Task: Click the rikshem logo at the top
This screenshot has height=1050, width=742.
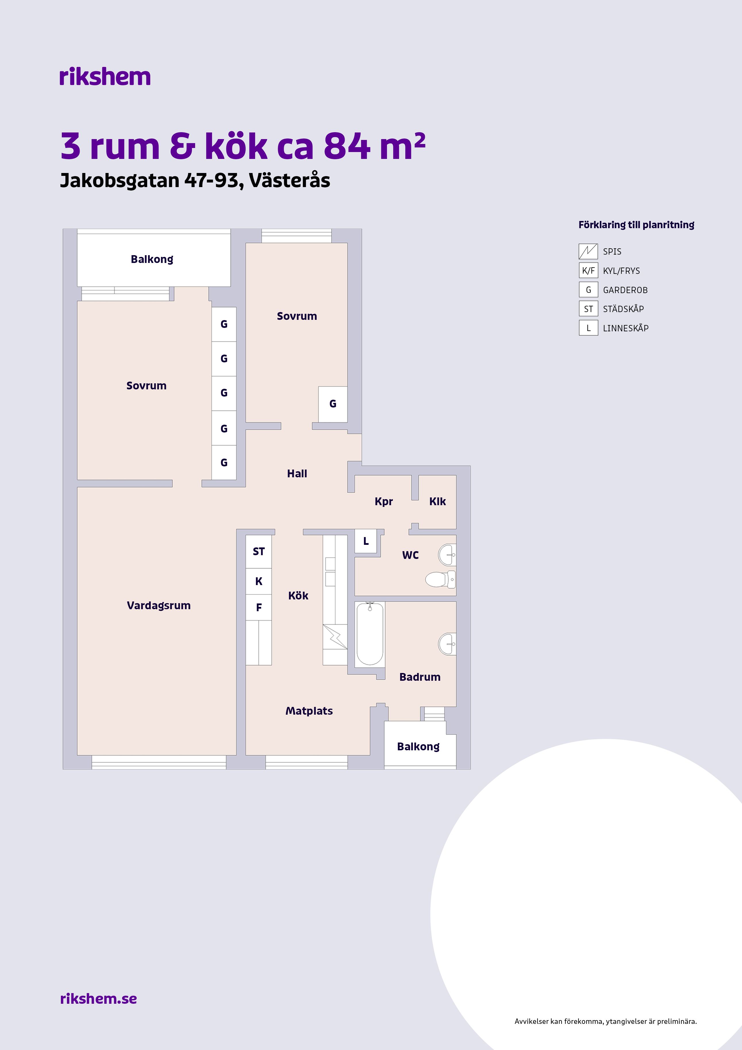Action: (x=105, y=77)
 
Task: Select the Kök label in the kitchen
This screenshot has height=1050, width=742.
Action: (x=298, y=595)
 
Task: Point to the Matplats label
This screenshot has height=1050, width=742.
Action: (x=309, y=711)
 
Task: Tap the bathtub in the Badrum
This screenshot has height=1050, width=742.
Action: (x=370, y=634)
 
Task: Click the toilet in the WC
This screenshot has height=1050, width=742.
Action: (x=440, y=579)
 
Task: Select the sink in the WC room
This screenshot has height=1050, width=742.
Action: (x=447, y=555)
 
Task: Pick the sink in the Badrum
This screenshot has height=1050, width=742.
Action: (x=447, y=644)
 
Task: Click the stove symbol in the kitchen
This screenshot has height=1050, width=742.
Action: (x=335, y=636)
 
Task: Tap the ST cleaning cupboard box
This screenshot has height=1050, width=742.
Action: (x=259, y=551)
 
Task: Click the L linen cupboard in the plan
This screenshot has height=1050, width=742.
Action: (x=366, y=541)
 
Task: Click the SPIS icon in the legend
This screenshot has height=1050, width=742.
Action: (x=588, y=251)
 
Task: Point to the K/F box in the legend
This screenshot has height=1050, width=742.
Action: (x=588, y=271)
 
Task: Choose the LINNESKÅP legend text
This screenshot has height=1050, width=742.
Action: (x=625, y=328)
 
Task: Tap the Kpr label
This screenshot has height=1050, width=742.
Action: (x=383, y=502)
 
